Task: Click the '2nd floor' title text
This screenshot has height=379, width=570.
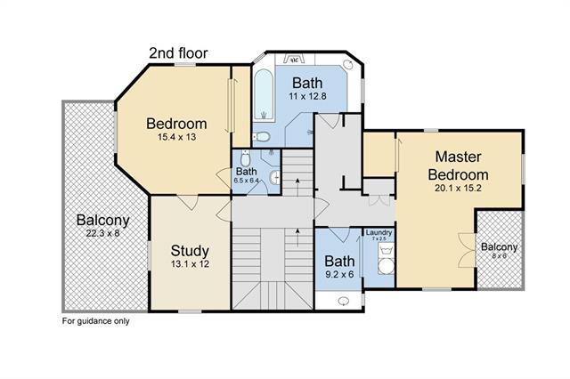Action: pyautogui.click(x=178, y=53)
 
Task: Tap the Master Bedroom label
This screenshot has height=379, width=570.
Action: pyautogui.click(x=458, y=165)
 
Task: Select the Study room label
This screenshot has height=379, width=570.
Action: pyautogui.click(x=190, y=251)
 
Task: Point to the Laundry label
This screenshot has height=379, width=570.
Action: pyautogui.click(x=379, y=233)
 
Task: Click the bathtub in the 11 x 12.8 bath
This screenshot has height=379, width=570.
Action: pyautogui.click(x=264, y=94)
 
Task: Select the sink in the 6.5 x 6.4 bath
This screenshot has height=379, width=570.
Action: pyautogui.click(x=275, y=178)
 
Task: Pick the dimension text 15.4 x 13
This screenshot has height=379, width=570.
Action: pyautogui.click(x=176, y=137)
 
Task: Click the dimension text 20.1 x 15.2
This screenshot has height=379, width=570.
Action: pyautogui.click(x=458, y=188)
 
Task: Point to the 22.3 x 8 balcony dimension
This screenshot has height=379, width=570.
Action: pyautogui.click(x=103, y=233)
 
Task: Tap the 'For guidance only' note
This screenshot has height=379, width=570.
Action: pyautogui.click(x=96, y=321)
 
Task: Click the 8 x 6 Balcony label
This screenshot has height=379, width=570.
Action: pyautogui.click(x=499, y=247)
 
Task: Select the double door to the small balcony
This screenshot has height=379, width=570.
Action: pyautogui.click(x=467, y=251)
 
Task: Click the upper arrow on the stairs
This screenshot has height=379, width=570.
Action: pyautogui.click(x=297, y=184)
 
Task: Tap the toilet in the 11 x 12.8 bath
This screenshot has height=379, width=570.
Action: pyautogui.click(x=261, y=137)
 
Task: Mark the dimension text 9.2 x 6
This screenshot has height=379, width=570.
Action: pyautogui.click(x=339, y=274)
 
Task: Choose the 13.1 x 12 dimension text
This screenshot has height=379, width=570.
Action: pyautogui.click(x=190, y=264)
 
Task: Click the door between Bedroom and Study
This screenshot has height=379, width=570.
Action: pyautogui.click(x=188, y=202)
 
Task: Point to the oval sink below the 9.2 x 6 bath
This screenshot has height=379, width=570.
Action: pyautogui.click(x=343, y=301)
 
